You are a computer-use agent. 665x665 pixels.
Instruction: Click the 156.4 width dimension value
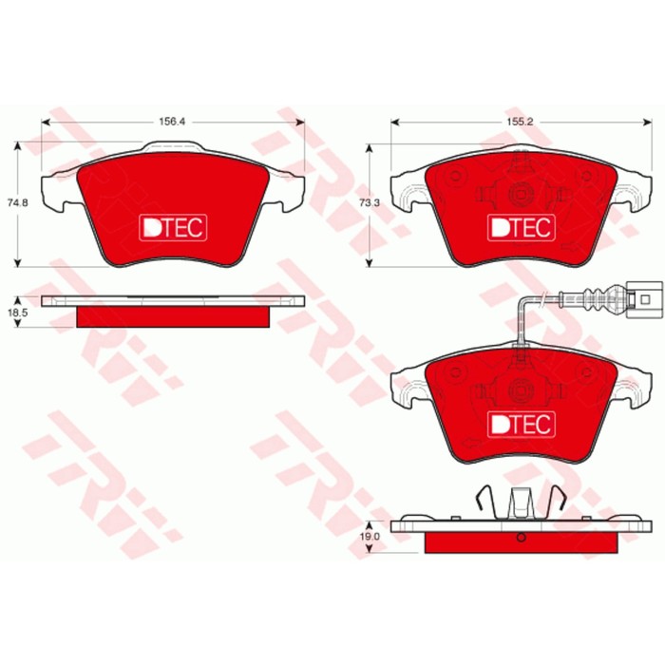tap(172, 122)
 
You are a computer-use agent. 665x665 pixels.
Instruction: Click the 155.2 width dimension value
tap(519, 122)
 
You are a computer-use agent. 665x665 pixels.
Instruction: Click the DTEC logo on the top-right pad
tap(520, 227)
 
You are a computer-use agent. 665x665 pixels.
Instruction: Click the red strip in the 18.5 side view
tap(175, 315)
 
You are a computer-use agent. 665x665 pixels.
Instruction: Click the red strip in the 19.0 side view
tap(520, 541)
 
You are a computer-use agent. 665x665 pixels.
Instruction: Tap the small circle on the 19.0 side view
tap(520, 539)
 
